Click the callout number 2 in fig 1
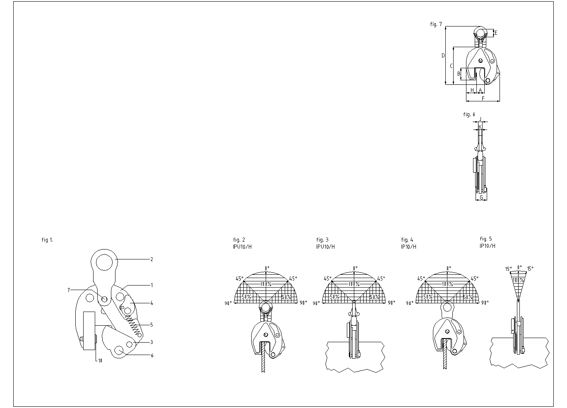[x=151, y=259]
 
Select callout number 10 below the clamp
[x=100, y=361]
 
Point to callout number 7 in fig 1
[x=69, y=290]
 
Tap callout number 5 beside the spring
[x=151, y=325]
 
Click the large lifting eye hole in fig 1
[x=104, y=262]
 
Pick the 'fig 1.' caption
[x=47, y=240]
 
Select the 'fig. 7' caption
[x=436, y=24]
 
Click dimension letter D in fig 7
[x=443, y=55]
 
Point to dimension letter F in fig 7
[x=483, y=98]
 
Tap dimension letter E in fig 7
[x=496, y=33]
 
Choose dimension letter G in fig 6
[x=481, y=197]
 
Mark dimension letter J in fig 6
[x=480, y=119]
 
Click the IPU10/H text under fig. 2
[x=242, y=247]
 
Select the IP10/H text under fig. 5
[x=487, y=246]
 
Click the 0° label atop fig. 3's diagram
[x=355, y=268]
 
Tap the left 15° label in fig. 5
[x=508, y=269]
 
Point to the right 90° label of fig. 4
[x=485, y=303]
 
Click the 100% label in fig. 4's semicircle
[x=447, y=284]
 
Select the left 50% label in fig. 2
[x=246, y=297]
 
